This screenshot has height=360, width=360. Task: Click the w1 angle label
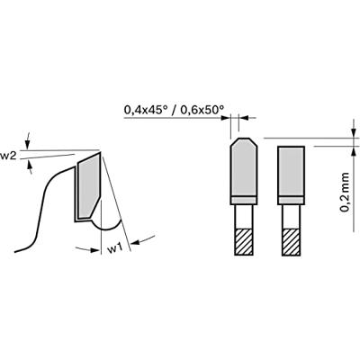[115, 248]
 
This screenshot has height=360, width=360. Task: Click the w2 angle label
[8, 156]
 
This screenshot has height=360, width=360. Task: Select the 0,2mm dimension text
[345, 193]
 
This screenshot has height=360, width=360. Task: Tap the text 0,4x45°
[146, 110]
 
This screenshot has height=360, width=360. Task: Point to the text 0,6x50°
[202, 110]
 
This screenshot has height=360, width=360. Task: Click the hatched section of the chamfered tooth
[244, 242]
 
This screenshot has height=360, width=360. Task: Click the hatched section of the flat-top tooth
[291, 242]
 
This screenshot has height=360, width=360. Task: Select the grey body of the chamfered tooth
[244, 167]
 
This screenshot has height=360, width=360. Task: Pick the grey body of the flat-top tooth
[291, 171]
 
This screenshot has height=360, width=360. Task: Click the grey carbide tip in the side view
[88, 187]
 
